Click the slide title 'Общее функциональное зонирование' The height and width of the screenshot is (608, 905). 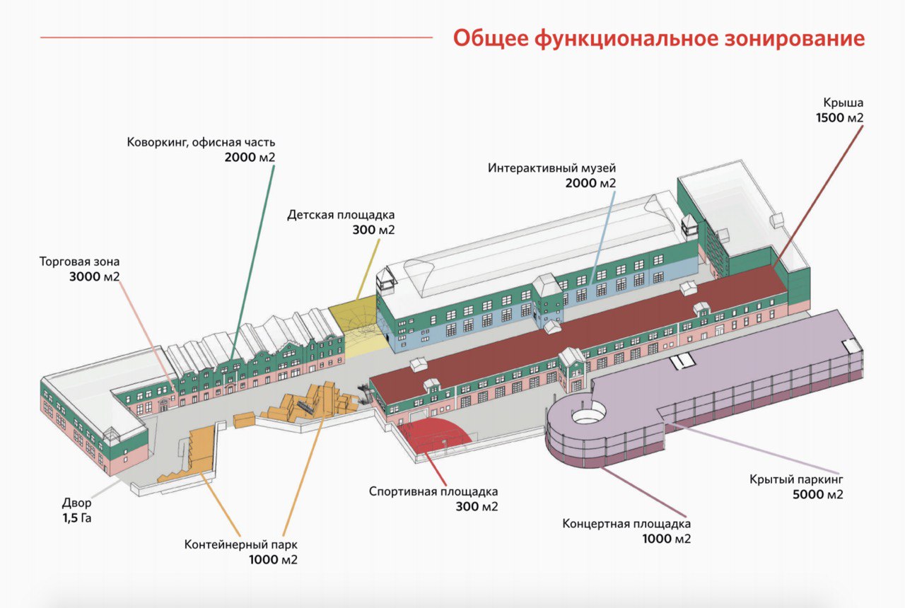pyautogui.click(x=658, y=38)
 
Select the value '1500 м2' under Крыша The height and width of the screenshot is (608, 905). pyautogui.click(x=840, y=118)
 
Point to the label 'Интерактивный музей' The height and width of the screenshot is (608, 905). pyautogui.click(x=552, y=169)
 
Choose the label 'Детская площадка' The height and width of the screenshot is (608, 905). pyautogui.click(x=341, y=215)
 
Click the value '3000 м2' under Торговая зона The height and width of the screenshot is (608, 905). pyautogui.click(x=94, y=277)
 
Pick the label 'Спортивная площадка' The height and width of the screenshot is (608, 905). pyautogui.click(x=433, y=491)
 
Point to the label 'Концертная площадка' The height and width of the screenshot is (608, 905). pyautogui.click(x=626, y=524)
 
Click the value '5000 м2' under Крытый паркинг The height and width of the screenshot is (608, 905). pyautogui.click(x=818, y=495)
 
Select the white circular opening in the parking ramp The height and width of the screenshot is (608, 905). pyautogui.click(x=588, y=414)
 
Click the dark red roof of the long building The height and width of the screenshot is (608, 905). pyautogui.click(x=566, y=332)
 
